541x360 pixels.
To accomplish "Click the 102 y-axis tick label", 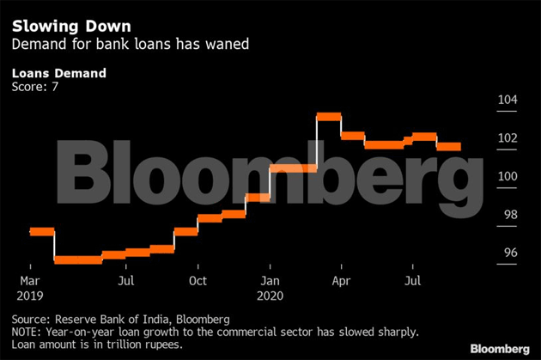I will [x=508, y=139].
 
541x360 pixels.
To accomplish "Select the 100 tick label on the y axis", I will [x=508, y=177].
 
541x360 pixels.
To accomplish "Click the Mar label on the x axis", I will [x=29, y=281].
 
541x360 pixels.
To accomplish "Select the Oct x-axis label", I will [x=198, y=281].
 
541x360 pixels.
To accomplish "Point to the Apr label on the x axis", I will [x=341, y=281].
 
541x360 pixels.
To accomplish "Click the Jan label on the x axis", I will [x=270, y=281].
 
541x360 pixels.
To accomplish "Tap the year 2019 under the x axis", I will [x=31, y=294].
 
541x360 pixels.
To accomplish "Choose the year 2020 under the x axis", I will [x=271, y=294].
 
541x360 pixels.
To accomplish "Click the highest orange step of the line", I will [x=329, y=116].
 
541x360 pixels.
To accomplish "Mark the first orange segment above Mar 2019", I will [x=41, y=231].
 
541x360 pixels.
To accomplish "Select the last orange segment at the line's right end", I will [x=449, y=147].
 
